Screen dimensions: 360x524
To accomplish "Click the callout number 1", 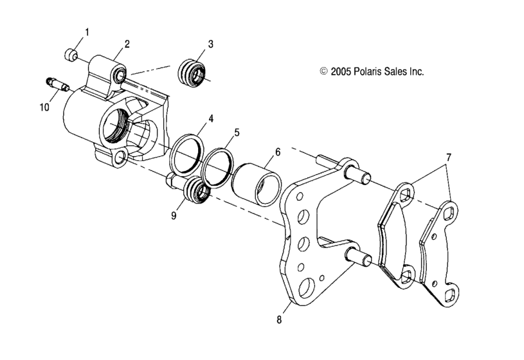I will coord(87,32).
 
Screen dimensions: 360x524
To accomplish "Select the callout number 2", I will coord(127,44).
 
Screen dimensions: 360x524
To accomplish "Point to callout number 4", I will coord(210,120).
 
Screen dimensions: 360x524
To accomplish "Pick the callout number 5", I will coord(237,132).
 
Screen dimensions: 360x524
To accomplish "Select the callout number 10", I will coord(44,107).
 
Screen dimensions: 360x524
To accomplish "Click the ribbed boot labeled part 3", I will coord(193,71).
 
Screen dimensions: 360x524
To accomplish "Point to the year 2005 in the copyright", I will coord(341,72).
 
